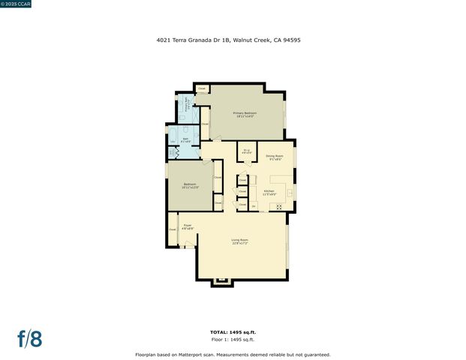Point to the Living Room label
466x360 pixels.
tap(239, 241)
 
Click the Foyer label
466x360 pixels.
tap(188, 226)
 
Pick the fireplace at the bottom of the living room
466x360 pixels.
tap(221, 282)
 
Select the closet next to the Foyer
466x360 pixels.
tap(172, 229)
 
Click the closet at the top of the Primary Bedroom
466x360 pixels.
tap(202, 88)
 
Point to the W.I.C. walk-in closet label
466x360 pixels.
tap(246, 152)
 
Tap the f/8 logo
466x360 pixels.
tap(30, 338)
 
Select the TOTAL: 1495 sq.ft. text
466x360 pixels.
tap(232, 331)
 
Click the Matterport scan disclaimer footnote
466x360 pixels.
tap(232, 354)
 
